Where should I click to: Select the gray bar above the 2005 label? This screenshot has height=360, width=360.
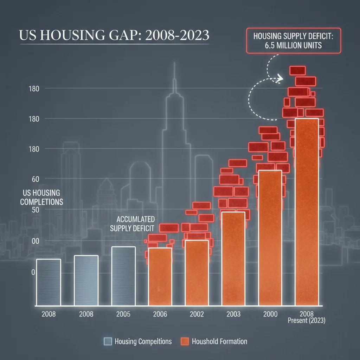pyautogui.click(x=123, y=276)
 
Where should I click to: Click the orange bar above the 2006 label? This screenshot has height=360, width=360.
pyautogui.click(x=160, y=276)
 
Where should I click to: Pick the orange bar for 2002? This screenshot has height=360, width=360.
pyautogui.click(x=197, y=272)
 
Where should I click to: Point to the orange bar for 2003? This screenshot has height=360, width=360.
pyautogui.click(x=233, y=258)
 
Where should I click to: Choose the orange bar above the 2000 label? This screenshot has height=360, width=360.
pyautogui.click(x=270, y=238)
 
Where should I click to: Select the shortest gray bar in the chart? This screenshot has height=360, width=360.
pyautogui.click(x=49, y=282)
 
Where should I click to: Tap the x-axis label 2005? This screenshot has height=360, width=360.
pyautogui.click(x=123, y=314)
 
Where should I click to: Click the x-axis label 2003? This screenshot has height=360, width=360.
pyautogui.click(x=233, y=314)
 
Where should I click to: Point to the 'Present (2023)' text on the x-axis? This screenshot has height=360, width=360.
pyautogui.click(x=307, y=321)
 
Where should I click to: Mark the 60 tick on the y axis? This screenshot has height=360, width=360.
pyautogui.click(x=34, y=179)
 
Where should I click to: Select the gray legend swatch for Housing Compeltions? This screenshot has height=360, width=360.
pyautogui.click(x=108, y=341)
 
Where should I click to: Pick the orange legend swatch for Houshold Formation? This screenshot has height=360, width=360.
pyautogui.click(x=185, y=341)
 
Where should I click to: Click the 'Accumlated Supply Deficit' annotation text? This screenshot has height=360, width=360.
pyautogui.click(x=133, y=224)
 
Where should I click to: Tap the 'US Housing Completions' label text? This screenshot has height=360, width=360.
pyautogui.click(x=41, y=197)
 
